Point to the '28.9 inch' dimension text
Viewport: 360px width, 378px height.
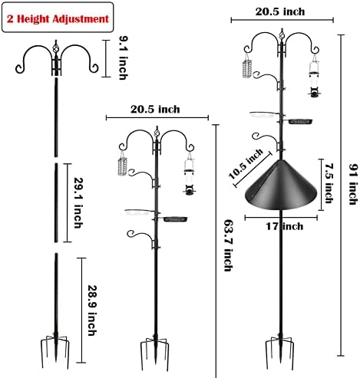(92, 294)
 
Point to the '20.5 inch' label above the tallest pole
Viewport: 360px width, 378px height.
(279, 12)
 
